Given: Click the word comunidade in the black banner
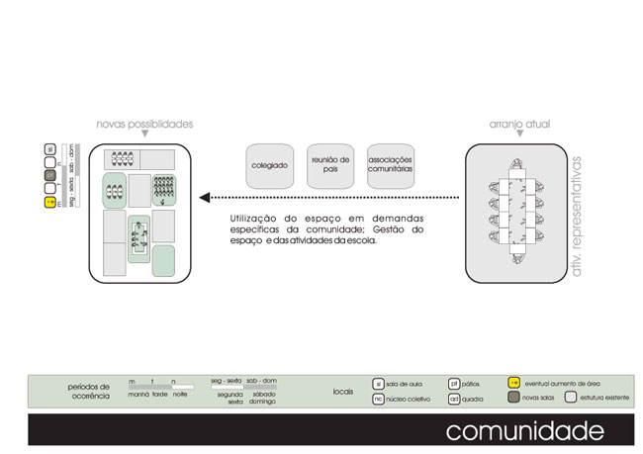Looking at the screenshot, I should point(524,431).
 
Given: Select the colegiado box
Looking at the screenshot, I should point(269,165).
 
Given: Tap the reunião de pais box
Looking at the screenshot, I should point(329,165).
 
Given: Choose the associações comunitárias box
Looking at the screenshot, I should point(390,165).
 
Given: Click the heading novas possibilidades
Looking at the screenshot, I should point(144,125).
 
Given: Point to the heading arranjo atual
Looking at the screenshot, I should point(518,125).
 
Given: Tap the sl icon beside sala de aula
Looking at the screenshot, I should point(378,383).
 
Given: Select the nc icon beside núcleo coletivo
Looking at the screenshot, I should point(378,399).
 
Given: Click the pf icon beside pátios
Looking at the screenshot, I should point(454,383).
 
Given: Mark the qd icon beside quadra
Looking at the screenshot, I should point(454,399).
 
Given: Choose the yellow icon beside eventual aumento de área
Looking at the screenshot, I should point(513,383).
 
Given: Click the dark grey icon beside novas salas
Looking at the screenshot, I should point(513,398).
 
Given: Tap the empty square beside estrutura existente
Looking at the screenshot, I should point(570,398).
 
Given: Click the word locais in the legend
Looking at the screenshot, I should point(343,392).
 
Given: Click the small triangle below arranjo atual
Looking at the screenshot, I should point(518,137).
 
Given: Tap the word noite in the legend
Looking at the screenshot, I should point(181,395).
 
